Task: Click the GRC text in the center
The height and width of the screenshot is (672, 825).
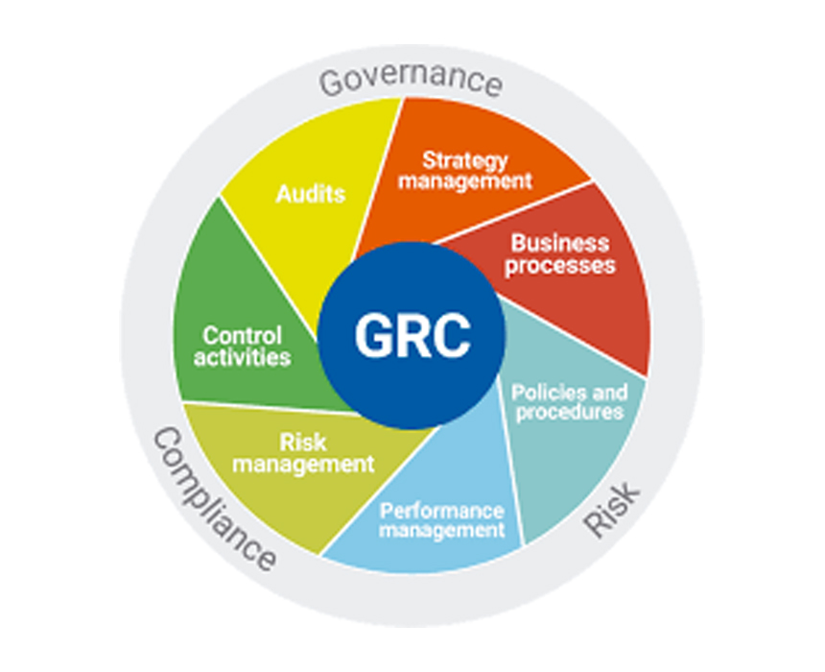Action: coord(412,335)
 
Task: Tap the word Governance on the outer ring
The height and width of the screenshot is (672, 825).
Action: coord(411,80)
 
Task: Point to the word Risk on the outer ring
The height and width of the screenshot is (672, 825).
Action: coord(612,509)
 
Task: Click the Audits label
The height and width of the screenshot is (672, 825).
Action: coord(311,194)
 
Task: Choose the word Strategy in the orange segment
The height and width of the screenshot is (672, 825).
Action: coord(465,160)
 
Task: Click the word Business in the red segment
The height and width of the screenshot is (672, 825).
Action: coord(560,243)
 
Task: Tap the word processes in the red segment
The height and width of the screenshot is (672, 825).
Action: coord(560,265)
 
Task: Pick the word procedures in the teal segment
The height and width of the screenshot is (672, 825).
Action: coord(570,413)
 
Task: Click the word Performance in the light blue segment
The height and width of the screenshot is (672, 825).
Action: coord(442,511)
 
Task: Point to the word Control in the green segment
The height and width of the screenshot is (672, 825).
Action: coord(243,335)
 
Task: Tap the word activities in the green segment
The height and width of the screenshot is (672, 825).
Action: coord(242,357)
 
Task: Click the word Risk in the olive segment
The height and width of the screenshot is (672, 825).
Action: coord(303,443)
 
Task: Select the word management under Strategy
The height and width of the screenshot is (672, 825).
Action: coord(465,181)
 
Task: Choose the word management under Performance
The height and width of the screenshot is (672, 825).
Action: coord(442,530)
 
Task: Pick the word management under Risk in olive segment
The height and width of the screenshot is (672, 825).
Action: coord(303,465)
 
